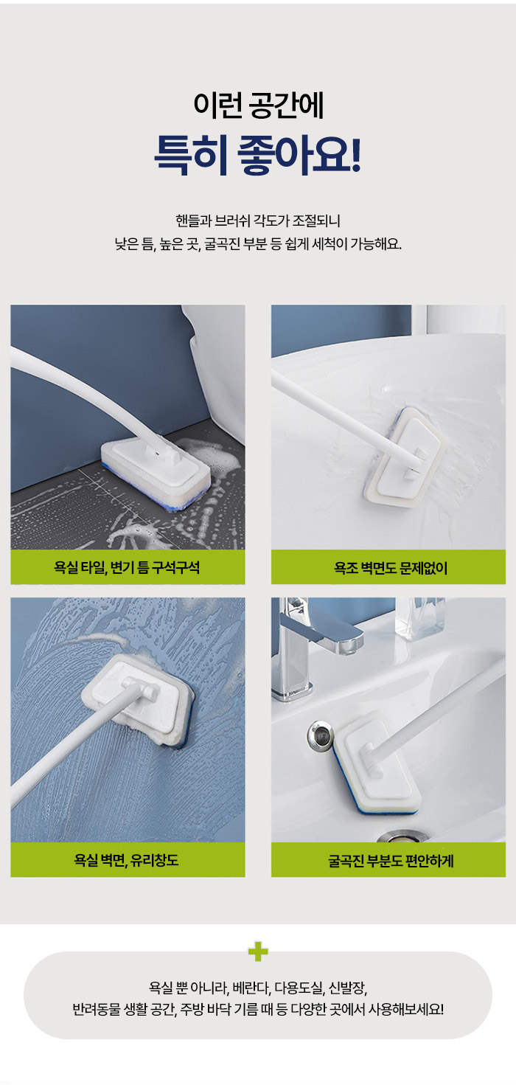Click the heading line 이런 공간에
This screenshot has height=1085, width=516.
coord(259,105)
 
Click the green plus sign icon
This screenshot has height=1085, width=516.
coord(258,951)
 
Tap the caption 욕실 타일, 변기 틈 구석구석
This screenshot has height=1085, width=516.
coord(127,567)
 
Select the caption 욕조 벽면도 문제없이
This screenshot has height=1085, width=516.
coord(390,568)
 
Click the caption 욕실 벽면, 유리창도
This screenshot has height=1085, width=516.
coord(126,860)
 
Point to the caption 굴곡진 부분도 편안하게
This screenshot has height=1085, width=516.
coord(391,861)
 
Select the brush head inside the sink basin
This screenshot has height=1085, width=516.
coord(376,763)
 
